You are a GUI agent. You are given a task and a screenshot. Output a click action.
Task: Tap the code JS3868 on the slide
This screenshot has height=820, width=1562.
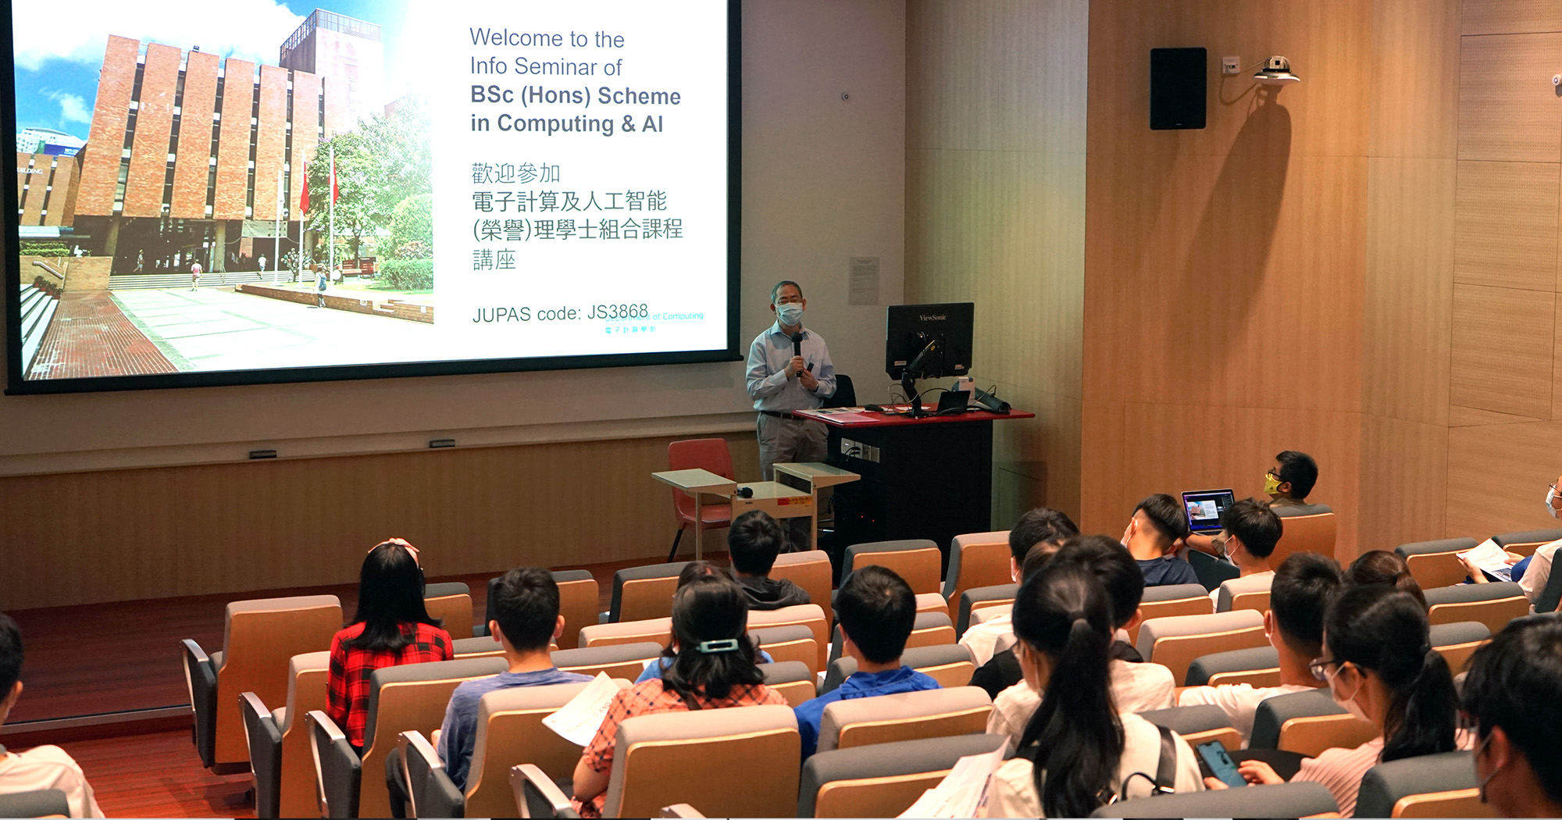coord(617,312)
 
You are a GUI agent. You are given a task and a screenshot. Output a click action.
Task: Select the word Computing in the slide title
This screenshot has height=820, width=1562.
coord(555,123)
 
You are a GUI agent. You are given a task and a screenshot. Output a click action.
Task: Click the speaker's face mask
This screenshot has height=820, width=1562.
coord(790,313)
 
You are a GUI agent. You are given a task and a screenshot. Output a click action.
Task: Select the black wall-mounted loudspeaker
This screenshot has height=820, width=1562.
coord(1177,88)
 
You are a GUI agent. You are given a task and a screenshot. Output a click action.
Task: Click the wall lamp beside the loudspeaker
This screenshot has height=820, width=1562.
coord(1275,70)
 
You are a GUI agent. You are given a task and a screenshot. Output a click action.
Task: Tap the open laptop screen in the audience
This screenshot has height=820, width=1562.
coord(1207,510)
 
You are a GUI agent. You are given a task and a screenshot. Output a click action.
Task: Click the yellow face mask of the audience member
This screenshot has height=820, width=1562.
coord(1272,485)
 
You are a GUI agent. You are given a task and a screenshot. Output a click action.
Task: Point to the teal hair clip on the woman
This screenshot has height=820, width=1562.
coord(717,646)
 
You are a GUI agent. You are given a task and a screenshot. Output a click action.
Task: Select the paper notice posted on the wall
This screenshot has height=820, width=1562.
coord(863,280)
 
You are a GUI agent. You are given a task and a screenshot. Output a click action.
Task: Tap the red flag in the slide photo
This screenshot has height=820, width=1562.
coord(304,188)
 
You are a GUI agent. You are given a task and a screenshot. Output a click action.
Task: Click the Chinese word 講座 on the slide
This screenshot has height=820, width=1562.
coord(494,259)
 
